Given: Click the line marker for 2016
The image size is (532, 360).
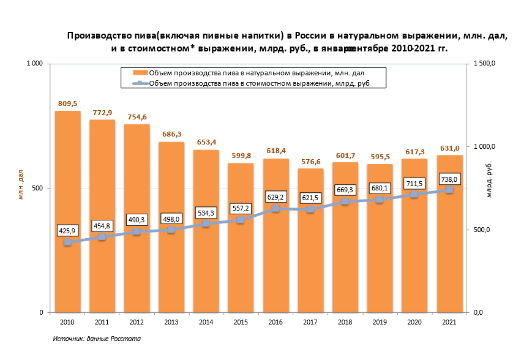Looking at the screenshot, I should pos(275,209).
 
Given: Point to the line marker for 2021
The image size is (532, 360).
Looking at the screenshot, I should pos(449,190).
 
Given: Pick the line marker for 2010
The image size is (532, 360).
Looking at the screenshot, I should pos(67,242).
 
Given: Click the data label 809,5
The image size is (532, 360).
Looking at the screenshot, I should pos(68,103).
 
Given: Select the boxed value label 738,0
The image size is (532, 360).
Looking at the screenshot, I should pos(449,179).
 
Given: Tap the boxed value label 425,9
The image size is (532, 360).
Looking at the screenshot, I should pos(68,231).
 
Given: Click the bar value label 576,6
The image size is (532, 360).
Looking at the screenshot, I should pos(310,162).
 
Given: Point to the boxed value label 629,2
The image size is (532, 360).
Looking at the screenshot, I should pos(276,197).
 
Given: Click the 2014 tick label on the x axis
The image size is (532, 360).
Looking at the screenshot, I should pos(206,321).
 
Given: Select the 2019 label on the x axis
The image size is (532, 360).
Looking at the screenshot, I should pos(380,321).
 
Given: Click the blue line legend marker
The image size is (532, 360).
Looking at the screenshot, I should pos(139,83).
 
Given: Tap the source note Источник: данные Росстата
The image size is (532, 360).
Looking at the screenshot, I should pos(97,339).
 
